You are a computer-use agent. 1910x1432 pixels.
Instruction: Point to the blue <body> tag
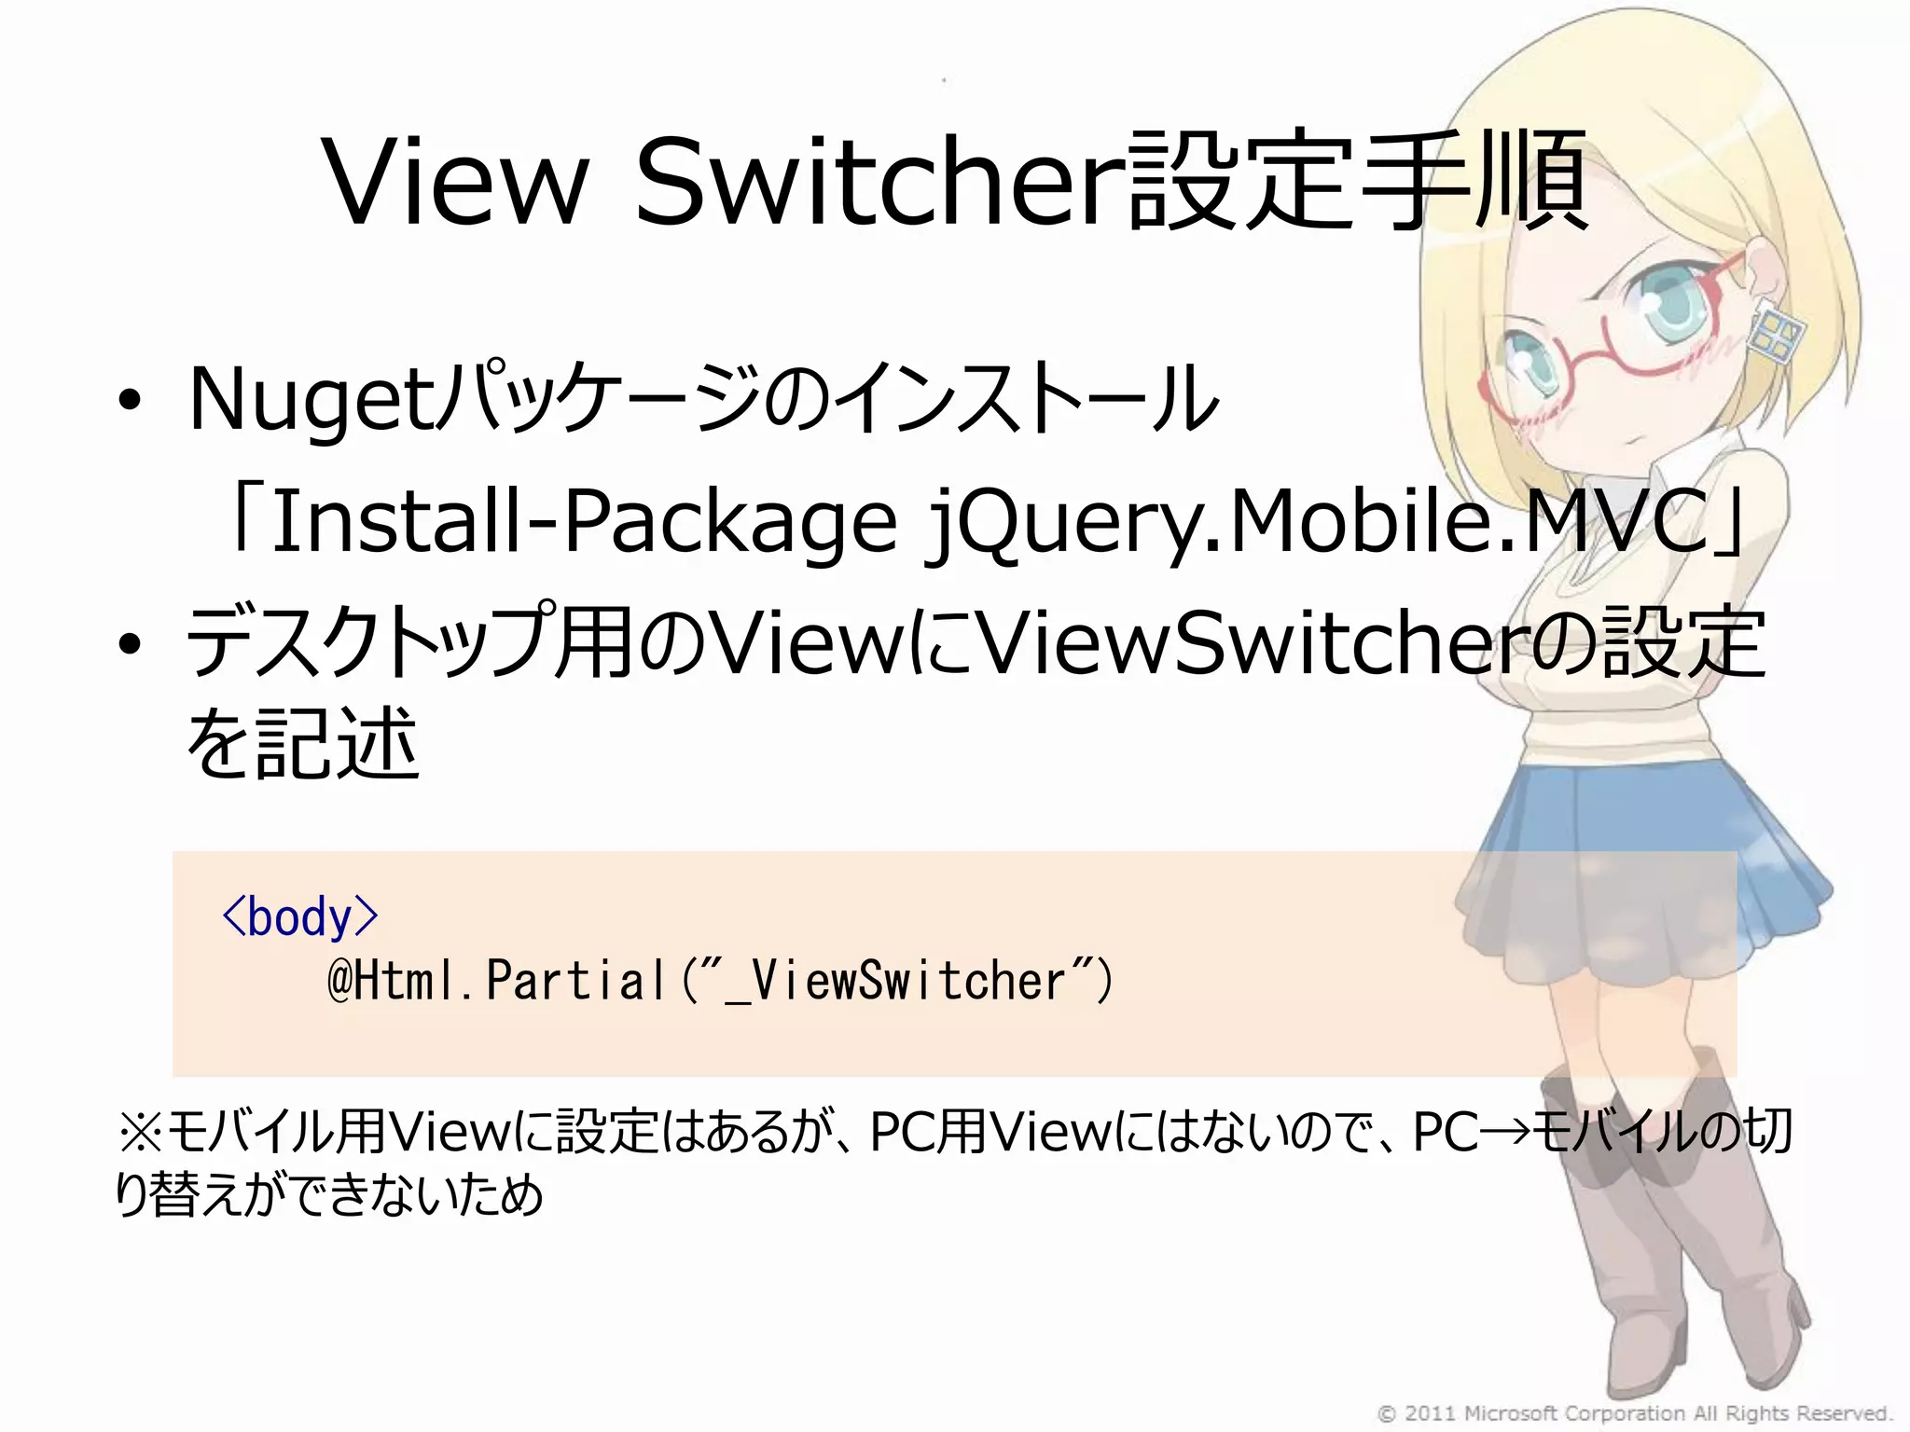click(299, 917)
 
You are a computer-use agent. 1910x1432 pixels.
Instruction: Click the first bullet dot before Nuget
click(130, 401)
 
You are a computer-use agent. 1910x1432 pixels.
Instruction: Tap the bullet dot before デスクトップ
click(130, 643)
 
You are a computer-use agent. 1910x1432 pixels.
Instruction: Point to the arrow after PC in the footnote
click(1504, 1134)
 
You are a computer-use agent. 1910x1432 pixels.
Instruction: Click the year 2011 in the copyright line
click(1430, 1413)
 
